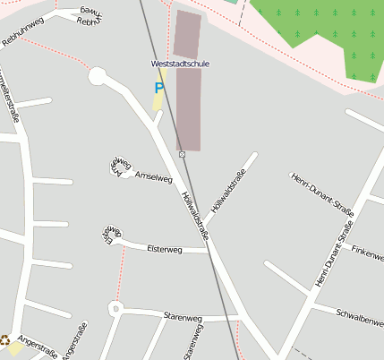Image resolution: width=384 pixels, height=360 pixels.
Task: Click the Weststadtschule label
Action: [x=179, y=64]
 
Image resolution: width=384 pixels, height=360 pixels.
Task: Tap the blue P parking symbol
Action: [x=159, y=88]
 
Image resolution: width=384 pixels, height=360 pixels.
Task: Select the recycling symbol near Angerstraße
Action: [x=4, y=340]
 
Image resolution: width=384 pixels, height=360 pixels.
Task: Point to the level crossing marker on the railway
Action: [x=182, y=155]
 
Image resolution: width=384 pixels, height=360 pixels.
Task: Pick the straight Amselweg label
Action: [x=152, y=178]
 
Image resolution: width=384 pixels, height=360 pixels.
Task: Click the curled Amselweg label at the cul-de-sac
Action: [x=120, y=164]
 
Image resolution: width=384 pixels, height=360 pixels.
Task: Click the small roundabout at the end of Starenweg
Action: [x=115, y=310]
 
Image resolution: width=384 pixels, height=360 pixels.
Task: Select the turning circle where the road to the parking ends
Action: [x=97, y=76]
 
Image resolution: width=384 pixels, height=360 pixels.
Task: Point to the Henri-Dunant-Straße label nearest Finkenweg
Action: [x=335, y=254]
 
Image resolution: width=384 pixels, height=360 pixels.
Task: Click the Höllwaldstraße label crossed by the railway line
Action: [x=196, y=216]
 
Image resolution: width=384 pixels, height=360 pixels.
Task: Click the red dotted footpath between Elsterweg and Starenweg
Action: [x=116, y=278]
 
